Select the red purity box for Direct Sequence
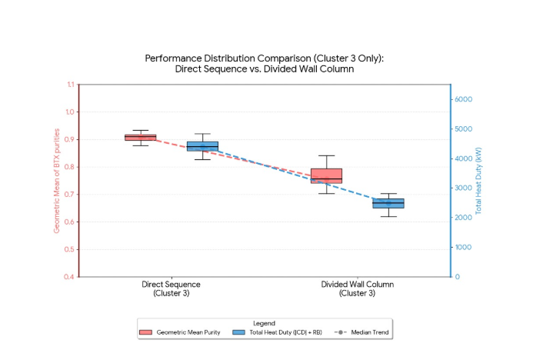tap(141, 137)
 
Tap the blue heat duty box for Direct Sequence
tap(202, 146)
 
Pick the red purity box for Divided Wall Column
tap(326, 175)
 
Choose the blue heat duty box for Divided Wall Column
tap(388, 203)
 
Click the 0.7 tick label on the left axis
tap(71, 195)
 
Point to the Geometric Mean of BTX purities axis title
tap(56, 181)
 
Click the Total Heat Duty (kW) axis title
tap(478, 181)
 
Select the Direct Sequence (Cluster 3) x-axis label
tap(172, 288)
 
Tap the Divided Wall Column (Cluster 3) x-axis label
tap(357, 288)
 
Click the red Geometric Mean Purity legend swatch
tap(146, 332)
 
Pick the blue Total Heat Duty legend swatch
tap(239, 332)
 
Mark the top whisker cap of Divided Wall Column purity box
tap(326, 155)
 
